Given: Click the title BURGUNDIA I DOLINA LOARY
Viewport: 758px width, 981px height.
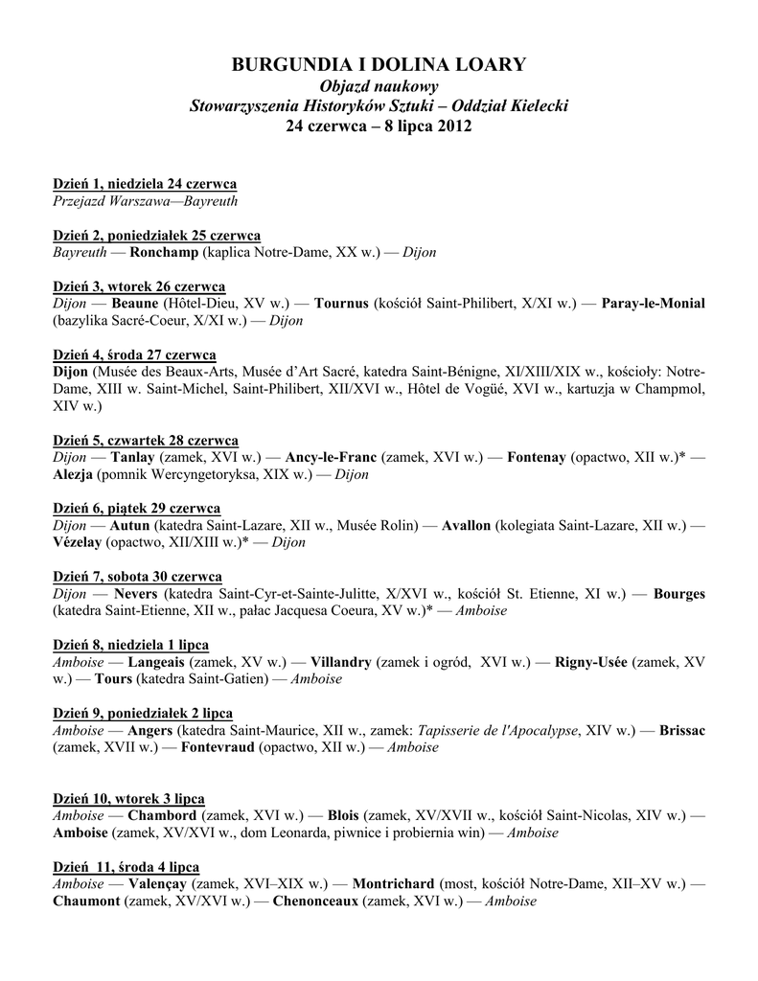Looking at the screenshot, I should pyautogui.click(x=379, y=65).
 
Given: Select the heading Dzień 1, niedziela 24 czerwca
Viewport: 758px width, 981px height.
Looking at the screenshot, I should pyautogui.click(x=145, y=184).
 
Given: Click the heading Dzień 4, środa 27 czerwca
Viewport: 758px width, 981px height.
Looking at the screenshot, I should pyautogui.click(x=134, y=354).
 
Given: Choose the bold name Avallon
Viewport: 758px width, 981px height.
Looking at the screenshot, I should pyautogui.click(x=467, y=526).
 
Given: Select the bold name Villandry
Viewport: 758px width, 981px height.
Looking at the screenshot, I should pyautogui.click(x=341, y=662).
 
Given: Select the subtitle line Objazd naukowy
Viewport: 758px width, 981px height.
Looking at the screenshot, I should pyautogui.click(x=379, y=86).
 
